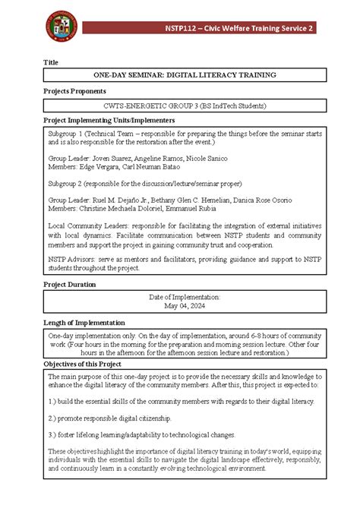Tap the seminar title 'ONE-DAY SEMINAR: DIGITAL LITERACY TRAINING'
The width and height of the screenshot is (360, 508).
click(x=185, y=75)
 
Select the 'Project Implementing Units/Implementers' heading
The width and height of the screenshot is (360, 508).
click(x=111, y=121)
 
